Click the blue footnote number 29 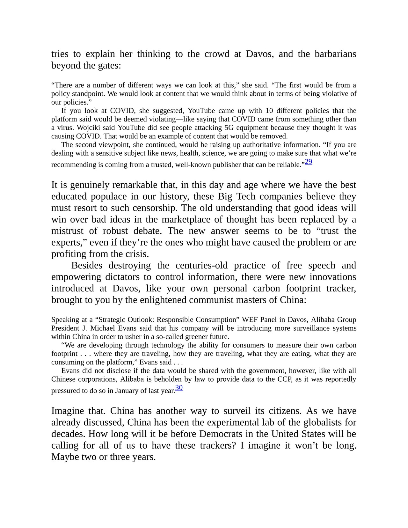tap(308, 162)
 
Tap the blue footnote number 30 tap(179, 388)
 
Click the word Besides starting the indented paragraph tap(87, 265)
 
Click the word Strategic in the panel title tap(113, 320)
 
